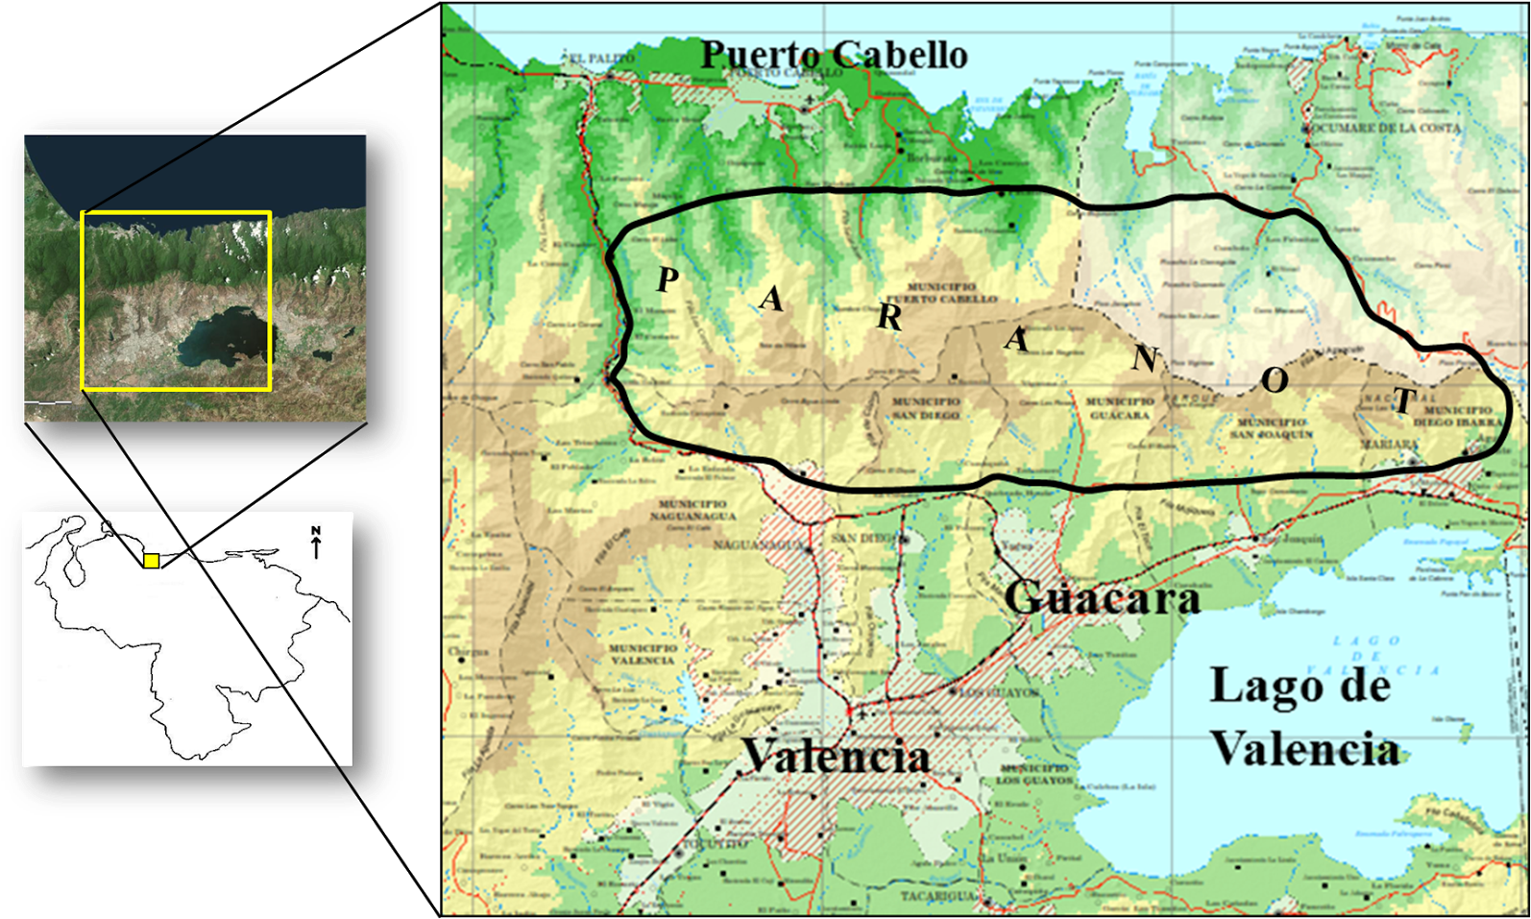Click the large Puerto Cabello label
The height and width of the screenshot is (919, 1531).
point(834,54)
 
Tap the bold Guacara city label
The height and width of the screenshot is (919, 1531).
point(1103,598)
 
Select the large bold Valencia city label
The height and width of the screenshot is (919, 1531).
point(837,757)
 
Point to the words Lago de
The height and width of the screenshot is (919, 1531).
point(1300,686)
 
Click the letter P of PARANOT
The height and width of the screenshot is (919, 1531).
point(668,279)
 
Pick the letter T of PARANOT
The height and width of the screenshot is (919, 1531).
point(1403,400)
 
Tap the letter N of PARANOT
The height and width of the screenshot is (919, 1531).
point(1144,358)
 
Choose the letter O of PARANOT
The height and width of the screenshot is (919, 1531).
point(1274,380)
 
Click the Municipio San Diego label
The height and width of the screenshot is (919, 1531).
point(927,408)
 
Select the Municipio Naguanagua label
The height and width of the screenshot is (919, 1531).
point(693,509)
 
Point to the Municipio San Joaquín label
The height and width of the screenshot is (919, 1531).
point(1271,428)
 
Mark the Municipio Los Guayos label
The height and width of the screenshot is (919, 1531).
point(1033,775)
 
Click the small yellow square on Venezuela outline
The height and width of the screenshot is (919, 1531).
point(151,561)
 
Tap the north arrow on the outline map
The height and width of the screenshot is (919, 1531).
point(316,544)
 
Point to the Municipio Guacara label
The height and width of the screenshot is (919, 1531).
point(1120,408)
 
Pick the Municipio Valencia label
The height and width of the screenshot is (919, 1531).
point(643,654)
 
